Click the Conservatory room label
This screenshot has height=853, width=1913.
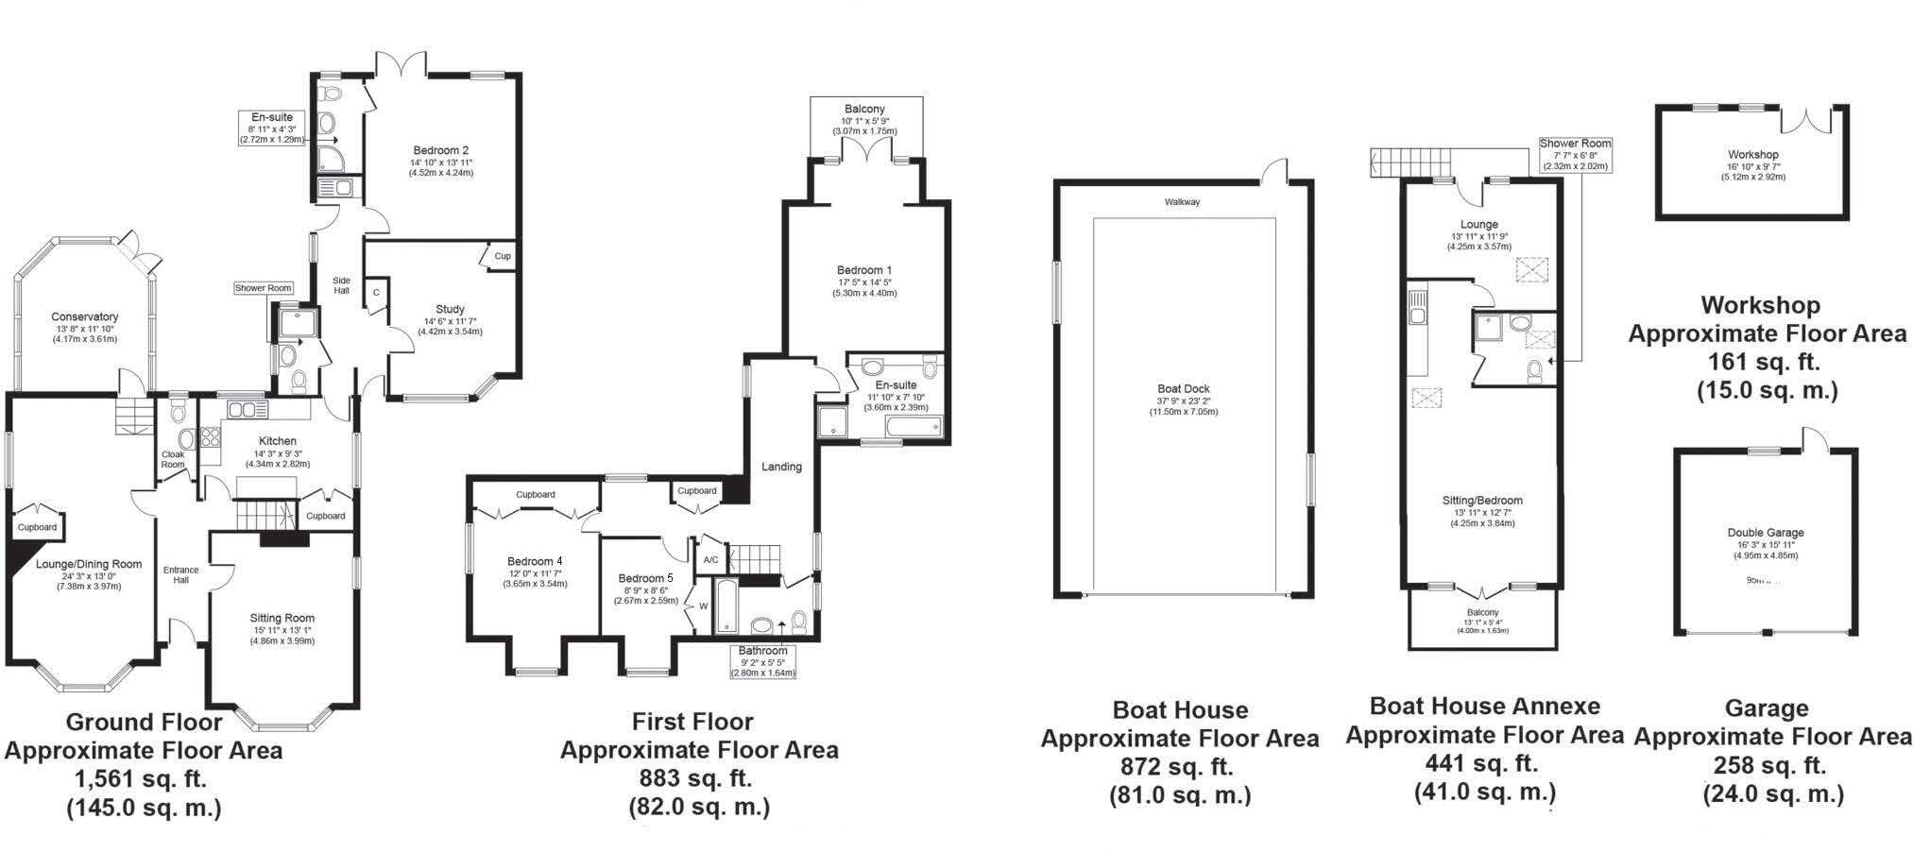pos(84,317)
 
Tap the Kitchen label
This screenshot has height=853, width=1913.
pos(278,441)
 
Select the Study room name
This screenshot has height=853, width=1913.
pos(450,310)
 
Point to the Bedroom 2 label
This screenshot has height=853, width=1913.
pos(441,150)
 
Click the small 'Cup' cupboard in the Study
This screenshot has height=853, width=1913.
pos(503,257)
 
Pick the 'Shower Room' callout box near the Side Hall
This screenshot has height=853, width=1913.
pos(264,288)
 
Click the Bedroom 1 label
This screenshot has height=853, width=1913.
pos(864,270)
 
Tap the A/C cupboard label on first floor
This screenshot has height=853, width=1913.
pos(711,560)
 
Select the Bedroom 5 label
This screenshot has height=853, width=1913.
pos(646,578)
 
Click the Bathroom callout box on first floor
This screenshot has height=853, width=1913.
pos(762,661)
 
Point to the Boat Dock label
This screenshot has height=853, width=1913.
pos(1184,388)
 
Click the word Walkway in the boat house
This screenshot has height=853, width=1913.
pos(1182,202)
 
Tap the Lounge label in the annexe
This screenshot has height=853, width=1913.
pos(1478,225)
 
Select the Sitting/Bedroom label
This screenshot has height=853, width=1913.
pos(1482,501)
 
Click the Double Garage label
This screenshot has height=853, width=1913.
pos(1766,533)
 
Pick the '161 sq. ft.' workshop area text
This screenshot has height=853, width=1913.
pos(1763,361)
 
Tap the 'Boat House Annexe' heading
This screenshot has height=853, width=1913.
pos(1485,706)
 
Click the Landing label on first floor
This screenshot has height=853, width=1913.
pos(781,467)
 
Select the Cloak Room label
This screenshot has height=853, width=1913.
pos(173,459)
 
